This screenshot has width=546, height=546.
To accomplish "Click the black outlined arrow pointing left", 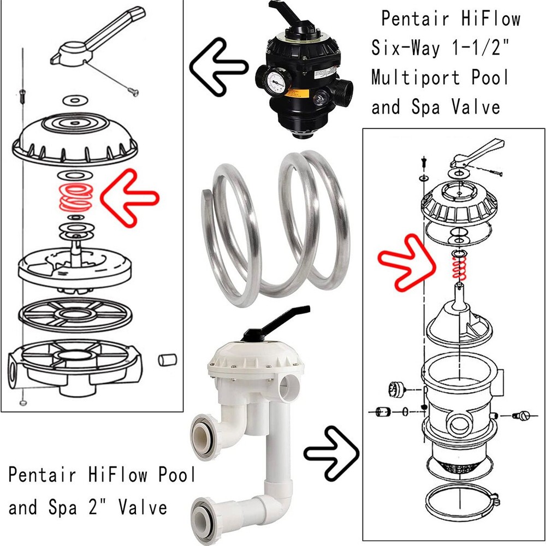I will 216,67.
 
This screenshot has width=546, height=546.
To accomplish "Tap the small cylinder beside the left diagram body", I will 168,360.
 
